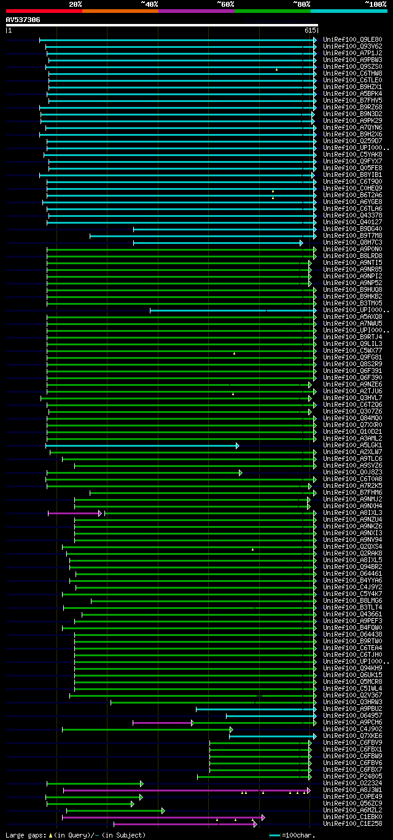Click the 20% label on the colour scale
(x=75, y=4)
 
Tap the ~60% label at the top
(x=225, y=4)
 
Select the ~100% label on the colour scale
(x=376, y=4)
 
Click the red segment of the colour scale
(x=44, y=11)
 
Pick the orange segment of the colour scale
(x=120, y=11)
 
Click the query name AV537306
(x=23, y=20)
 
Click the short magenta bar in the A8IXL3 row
(x=74, y=513)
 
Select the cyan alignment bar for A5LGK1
(x=141, y=446)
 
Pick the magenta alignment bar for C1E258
(x=184, y=824)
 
